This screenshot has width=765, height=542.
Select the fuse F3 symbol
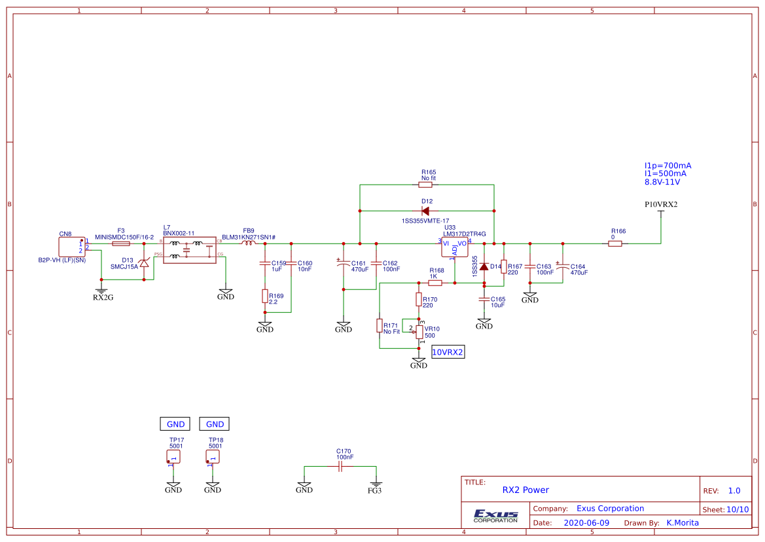pyautogui.click(x=121, y=244)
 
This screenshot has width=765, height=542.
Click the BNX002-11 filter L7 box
pyautogui.click(x=189, y=250)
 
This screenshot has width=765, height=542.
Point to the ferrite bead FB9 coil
pyautogui.click(x=249, y=243)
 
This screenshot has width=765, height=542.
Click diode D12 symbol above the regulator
pyautogui.click(x=426, y=211)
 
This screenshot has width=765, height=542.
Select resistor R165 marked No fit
pyautogui.click(x=429, y=185)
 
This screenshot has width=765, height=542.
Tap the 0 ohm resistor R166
pyautogui.click(x=615, y=244)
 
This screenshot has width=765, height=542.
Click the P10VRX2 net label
pyautogui.click(x=661, y=204)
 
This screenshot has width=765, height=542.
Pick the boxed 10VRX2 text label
pyautogui.click(x=448, y=352)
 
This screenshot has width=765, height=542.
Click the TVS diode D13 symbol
pyautogui.click(x=145, y=263)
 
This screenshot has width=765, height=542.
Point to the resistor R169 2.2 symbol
pyautogui.click(x=265, y=297)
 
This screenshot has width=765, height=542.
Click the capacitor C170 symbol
pyautogui.click(x=340, y=466)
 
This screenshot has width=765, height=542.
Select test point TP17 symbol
pyautogui.click(x=173, y=456)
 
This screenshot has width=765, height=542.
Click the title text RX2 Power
pyautogui.click(x=525, y=490)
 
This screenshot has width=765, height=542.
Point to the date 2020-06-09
pyautogui.click(x=586, y=523)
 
